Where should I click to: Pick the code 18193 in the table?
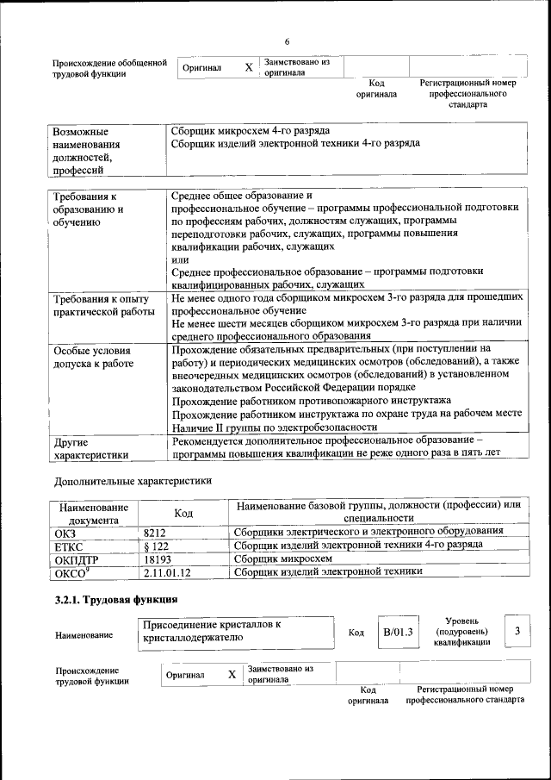(158, 558)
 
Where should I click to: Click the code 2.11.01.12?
(167, 571)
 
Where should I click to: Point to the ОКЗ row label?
(65, 532)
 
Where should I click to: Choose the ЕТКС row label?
(68, 545)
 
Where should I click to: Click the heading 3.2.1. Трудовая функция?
(116, 599)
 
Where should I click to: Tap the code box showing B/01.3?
(398, 632)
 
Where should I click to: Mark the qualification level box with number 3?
(517, 632)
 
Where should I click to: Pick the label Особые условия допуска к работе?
(93, 358)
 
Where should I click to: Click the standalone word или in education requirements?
(179, 259)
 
